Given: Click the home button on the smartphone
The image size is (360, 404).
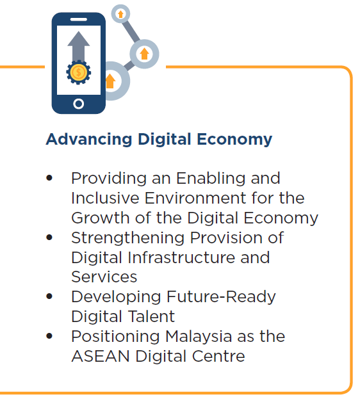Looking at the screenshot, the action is click(79, 104).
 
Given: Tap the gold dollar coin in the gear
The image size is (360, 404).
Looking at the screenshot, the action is click(79, 72).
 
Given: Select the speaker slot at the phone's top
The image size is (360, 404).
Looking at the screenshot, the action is click(79, 19).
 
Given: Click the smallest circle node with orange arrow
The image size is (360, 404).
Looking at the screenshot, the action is click(120, 13).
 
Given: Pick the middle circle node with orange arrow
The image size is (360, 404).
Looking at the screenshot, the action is click(144, 54).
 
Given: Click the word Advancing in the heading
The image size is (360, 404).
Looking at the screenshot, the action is click(89, 140).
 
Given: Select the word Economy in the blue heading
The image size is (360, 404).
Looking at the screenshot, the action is click(234, 140).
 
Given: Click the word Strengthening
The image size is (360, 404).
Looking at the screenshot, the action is click(128, 238).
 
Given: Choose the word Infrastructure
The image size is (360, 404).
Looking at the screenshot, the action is click(181, 257).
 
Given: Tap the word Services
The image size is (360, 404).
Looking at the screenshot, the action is click(104, 277).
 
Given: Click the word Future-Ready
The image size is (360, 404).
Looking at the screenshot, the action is click(221, 297).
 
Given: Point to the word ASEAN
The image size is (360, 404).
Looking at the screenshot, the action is click(101, 356).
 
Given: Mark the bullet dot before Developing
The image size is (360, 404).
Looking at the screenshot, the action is click(49, 296).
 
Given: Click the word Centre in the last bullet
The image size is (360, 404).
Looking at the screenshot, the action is click(218, 356).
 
